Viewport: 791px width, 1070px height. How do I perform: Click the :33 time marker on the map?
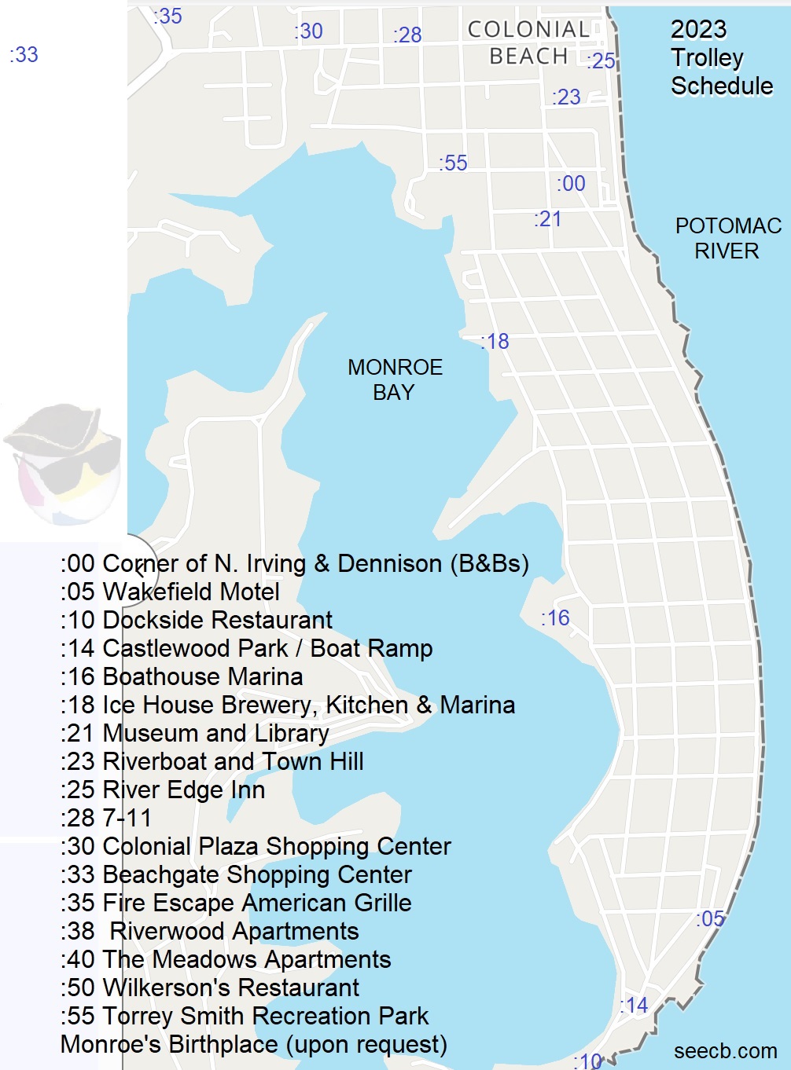24,55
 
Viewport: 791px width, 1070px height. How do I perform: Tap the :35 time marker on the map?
167,16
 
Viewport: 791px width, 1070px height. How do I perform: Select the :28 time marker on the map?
407,35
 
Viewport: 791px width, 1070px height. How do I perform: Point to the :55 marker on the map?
453,163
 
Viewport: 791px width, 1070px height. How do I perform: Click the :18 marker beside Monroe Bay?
495,342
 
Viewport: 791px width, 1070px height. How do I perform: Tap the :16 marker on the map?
555,618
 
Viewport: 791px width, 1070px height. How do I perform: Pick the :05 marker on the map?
710,919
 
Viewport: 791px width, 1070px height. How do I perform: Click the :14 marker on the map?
634,1005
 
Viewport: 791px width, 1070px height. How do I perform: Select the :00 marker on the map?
571,184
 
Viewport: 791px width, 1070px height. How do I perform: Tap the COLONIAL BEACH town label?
528,43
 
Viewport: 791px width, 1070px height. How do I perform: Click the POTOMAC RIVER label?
727,239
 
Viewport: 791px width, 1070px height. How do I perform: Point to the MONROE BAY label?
395,379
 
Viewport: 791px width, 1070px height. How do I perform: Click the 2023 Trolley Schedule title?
720,57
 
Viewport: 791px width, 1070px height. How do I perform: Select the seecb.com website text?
725,1051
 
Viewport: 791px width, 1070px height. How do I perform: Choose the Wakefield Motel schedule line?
170,592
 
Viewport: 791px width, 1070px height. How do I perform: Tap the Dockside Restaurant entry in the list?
197,620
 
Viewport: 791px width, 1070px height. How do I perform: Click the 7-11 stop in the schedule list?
106,818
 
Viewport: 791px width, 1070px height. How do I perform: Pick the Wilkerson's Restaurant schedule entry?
210,988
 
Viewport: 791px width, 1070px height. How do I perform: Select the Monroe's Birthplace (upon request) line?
253,1044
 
